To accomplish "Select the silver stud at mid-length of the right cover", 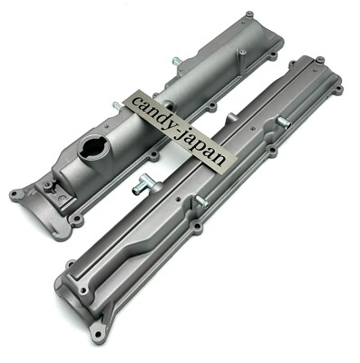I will click(x=200, y=202).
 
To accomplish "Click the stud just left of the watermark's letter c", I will click(x=116, y=106).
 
